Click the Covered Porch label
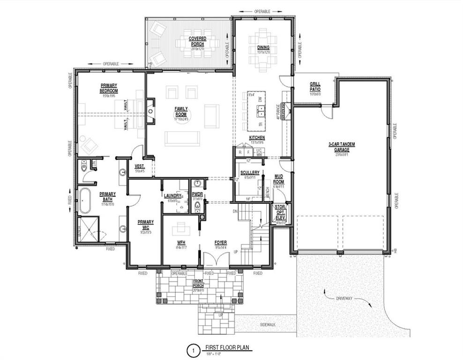point(198,41)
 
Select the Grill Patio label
point(315,87)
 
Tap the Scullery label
point(250,172)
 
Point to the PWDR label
point(197,193)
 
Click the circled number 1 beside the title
point(191,350)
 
